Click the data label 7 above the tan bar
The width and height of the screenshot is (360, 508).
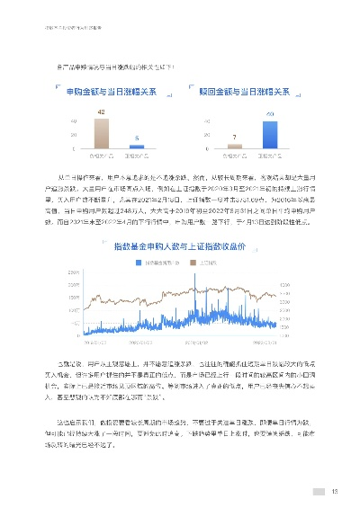(233, 137)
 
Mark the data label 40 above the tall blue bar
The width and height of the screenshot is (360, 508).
(271, 113)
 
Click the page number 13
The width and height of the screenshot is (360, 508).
(334, 491)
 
